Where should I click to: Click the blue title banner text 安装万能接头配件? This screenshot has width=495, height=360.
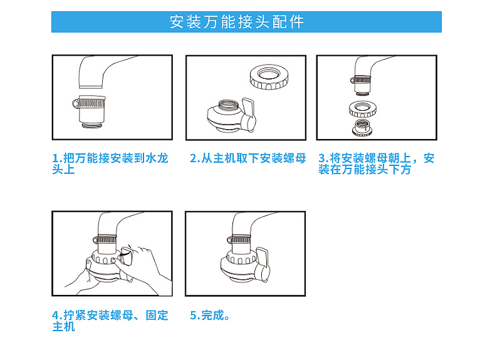[237, 22]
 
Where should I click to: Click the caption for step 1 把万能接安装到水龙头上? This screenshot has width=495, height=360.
[110, 164]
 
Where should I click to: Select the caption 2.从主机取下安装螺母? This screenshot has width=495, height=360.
[247, 158]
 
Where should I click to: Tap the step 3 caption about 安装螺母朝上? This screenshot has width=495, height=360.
[376, 164]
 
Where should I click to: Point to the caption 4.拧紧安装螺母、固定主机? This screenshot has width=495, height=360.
[110, 321]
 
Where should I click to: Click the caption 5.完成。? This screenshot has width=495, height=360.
[211, 315]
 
